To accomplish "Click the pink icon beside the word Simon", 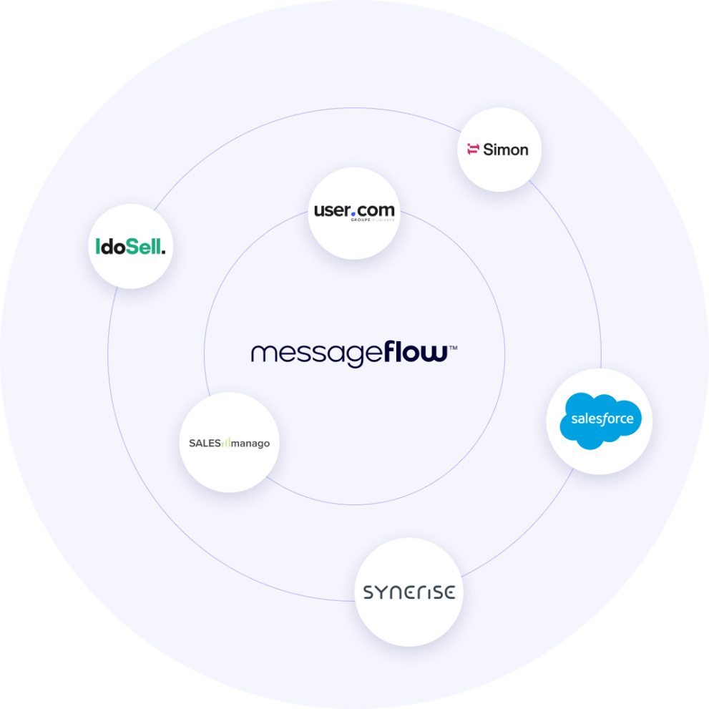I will (x=472, y=150).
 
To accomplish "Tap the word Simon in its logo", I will (x=506, y=150).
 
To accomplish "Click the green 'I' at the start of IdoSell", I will (x=98, y=248).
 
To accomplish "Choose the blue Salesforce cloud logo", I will (x=600, y=421).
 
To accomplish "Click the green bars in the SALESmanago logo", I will (x=227, y=443).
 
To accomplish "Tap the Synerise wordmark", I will (x=409, y=592).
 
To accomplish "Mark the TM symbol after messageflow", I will (x=453, y=348).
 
